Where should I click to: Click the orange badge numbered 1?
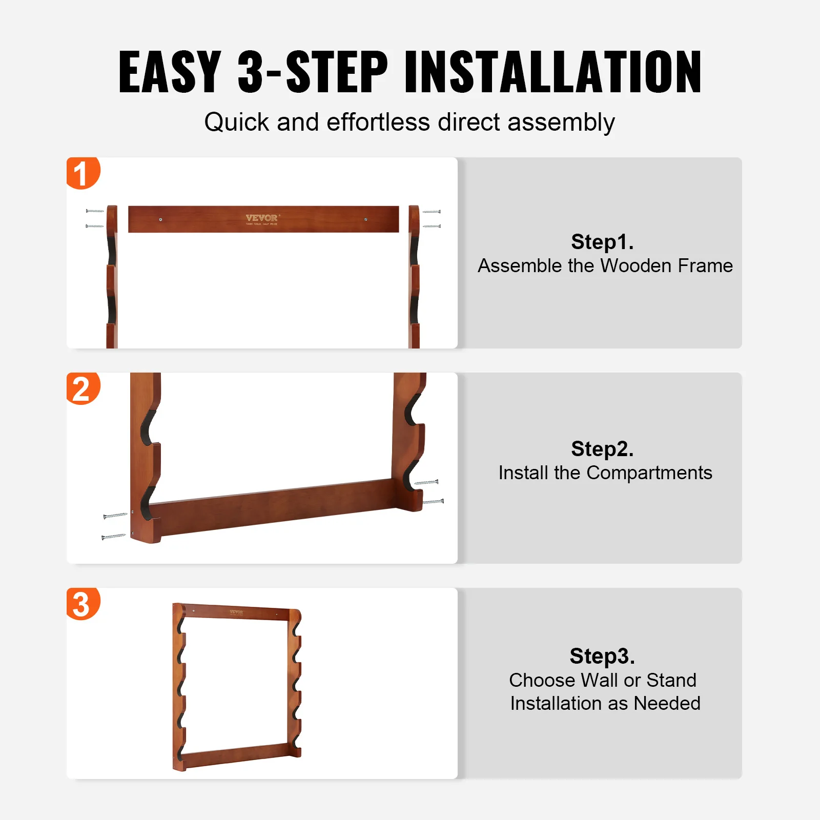point(82,173)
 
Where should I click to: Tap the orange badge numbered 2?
point(82,388)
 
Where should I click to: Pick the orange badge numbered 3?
point(82,604)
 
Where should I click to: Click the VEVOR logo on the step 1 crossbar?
point(262,218)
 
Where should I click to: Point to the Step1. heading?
point(602,242)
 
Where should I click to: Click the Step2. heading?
point(602,449)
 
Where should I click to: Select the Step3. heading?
point(602,656)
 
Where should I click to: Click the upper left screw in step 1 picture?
point(95,211)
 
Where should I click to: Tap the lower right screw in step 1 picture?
point(432,226)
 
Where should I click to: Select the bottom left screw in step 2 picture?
point(113,537)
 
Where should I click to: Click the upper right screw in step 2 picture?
point(426,482)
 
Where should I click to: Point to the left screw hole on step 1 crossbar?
point(161,219)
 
